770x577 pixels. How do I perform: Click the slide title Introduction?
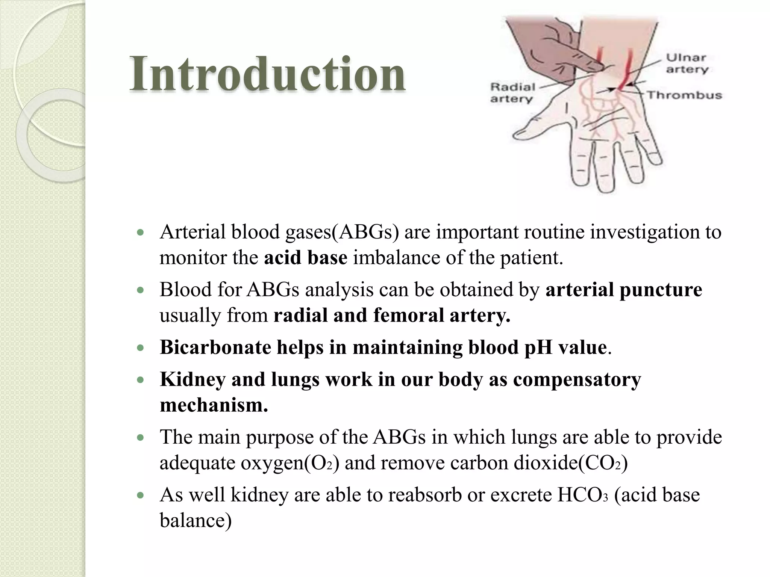click(267, 74)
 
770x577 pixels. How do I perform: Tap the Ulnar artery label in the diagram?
click(687, 63)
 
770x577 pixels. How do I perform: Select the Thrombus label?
click(684, 95)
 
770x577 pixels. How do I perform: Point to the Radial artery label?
click(512, 93)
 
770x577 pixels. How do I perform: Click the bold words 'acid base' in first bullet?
click(305, 258)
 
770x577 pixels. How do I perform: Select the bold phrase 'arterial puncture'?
click(623, 290)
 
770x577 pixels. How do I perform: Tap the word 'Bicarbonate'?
click(215, 347)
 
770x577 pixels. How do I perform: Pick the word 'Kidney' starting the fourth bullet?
click(192, 379)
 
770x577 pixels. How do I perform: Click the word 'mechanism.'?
click(214, 405)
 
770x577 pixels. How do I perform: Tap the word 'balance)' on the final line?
click(196, 521)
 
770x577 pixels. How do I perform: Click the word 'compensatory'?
click(577, 379)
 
